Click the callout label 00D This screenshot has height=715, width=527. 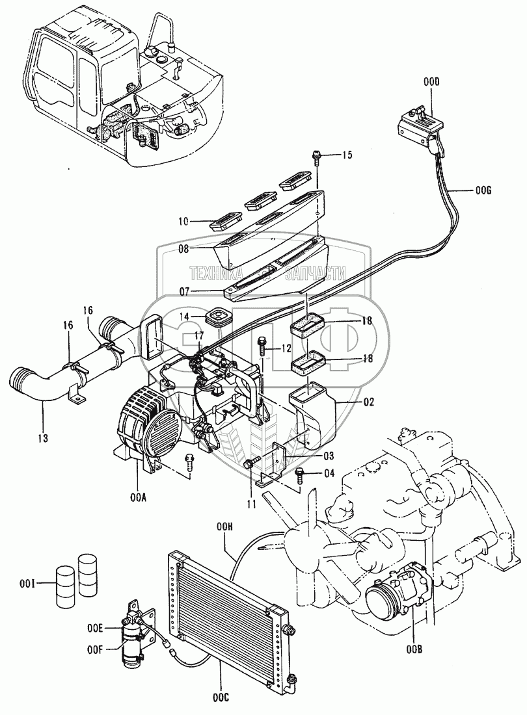point(431,82)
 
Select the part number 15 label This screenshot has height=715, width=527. point(347,155)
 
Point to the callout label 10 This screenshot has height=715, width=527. point(183,222)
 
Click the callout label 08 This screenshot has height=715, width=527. point(184,248)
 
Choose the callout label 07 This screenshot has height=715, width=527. point(183,291)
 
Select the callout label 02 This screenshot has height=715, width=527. point(369,402)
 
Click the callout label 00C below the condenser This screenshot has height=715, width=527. point(221,698)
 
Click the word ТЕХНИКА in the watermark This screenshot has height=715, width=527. point(216,274)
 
